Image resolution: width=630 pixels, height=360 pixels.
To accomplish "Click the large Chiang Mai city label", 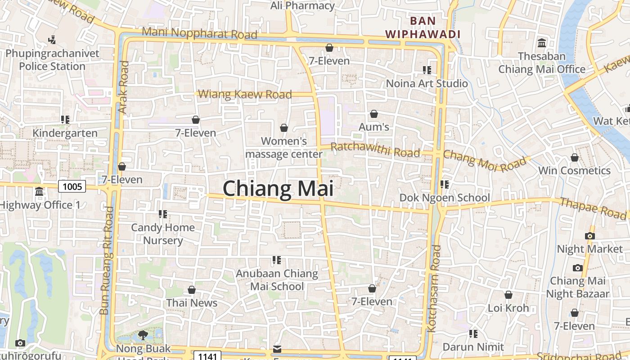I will point(278,188).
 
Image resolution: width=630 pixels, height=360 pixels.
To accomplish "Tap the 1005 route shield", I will point(72,186).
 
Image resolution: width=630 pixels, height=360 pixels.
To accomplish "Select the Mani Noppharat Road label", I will point(199,33).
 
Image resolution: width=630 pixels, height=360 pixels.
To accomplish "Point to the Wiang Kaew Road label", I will point(245,94).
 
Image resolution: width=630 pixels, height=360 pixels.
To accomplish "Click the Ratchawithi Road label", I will point(375,149).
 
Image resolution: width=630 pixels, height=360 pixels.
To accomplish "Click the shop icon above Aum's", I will point(373,114).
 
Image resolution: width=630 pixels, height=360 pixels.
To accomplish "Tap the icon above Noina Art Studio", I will point(427,70).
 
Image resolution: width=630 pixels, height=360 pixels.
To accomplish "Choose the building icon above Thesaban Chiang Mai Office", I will point(542,43).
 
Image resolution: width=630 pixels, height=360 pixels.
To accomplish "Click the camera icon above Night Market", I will point(589,236).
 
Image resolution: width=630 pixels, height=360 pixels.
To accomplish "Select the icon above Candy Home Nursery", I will point(162,214).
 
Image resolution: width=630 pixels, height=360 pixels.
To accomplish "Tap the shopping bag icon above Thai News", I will point(192,290).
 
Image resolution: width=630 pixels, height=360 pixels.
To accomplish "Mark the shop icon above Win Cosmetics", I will point(574,157).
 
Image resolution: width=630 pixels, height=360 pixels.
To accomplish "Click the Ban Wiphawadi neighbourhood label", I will point(423,27).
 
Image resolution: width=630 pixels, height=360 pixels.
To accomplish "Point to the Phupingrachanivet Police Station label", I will point(52,60).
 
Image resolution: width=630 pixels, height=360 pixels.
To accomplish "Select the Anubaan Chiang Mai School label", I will point(277,280).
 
